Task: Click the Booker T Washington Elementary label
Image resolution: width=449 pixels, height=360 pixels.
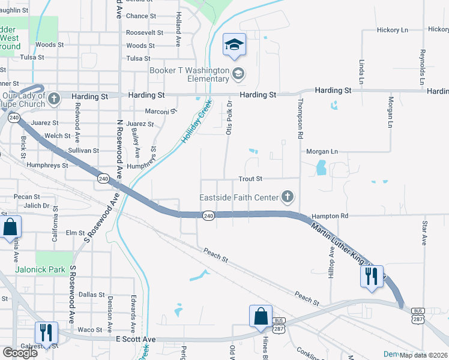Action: [189, 74]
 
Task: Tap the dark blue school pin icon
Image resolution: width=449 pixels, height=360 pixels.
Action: [234, 45]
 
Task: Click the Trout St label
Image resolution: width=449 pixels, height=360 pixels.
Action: [251, 179]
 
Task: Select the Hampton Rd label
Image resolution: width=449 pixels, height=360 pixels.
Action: [330, 215]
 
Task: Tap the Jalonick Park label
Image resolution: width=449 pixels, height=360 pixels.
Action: [41, 270]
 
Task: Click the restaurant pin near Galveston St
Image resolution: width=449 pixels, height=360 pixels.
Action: [45, 331]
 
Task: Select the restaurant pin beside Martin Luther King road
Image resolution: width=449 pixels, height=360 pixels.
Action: [372, 276]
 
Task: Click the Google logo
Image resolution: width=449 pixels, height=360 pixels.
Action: [20, 353]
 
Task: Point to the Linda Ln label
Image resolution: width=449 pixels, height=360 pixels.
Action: [361, 71]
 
